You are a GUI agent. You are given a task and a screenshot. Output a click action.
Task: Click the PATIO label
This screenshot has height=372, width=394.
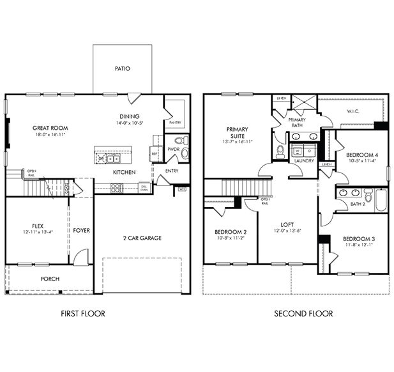[123, 68]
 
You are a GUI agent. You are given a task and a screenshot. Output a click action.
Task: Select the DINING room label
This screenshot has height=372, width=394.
[129, 116]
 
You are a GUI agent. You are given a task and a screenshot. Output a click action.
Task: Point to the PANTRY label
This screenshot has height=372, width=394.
[174, 122]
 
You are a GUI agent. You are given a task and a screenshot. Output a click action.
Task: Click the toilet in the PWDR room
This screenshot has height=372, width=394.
[179, 140]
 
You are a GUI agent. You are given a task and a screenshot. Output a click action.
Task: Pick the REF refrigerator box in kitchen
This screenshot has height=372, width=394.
[154, 153]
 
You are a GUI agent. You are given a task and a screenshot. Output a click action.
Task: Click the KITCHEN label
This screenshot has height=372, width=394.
[124, 173]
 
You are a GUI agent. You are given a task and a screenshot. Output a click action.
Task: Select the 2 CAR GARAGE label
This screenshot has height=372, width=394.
[142, 238]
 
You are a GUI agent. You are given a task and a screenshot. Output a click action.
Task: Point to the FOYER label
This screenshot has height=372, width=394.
[81, 230]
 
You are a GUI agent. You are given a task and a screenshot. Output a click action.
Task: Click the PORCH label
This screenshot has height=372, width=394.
[50, 279]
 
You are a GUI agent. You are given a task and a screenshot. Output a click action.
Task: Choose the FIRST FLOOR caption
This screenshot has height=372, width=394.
[83, 313]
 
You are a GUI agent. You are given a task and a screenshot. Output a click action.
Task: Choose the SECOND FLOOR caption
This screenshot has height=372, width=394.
[303, 313]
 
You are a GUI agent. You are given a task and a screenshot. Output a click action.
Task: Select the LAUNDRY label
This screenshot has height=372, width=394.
[302, 162]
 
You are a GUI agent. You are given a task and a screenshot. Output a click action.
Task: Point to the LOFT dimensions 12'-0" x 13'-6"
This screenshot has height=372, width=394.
[287, 231]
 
